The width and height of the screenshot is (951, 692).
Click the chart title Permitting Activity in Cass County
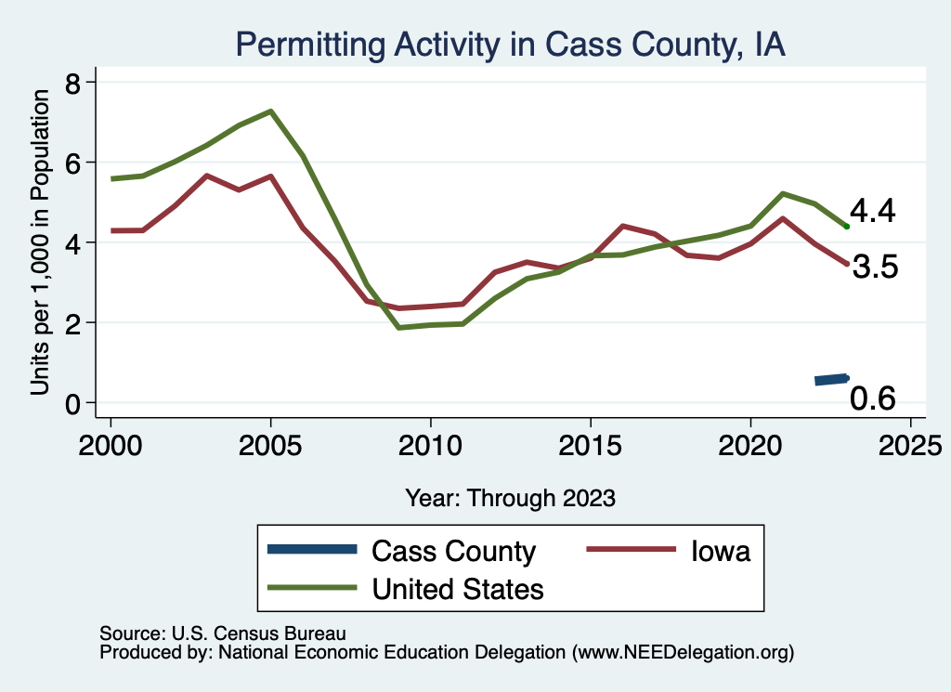[x=510, y=45]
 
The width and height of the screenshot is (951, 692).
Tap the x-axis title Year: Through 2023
[x=510, y=498]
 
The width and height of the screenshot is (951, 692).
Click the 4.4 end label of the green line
[x=873, y=212]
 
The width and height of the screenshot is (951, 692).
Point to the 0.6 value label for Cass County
[x=873, y=398]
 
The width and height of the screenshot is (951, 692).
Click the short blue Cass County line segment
[x=831, y=379]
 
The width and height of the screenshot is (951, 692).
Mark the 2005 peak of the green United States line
[x=270, y=111]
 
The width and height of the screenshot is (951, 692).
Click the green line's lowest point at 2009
[x=398, y=328]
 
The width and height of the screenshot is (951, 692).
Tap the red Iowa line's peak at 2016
[x=622, y=226]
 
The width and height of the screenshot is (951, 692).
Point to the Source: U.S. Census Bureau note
[x=222, y=633]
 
